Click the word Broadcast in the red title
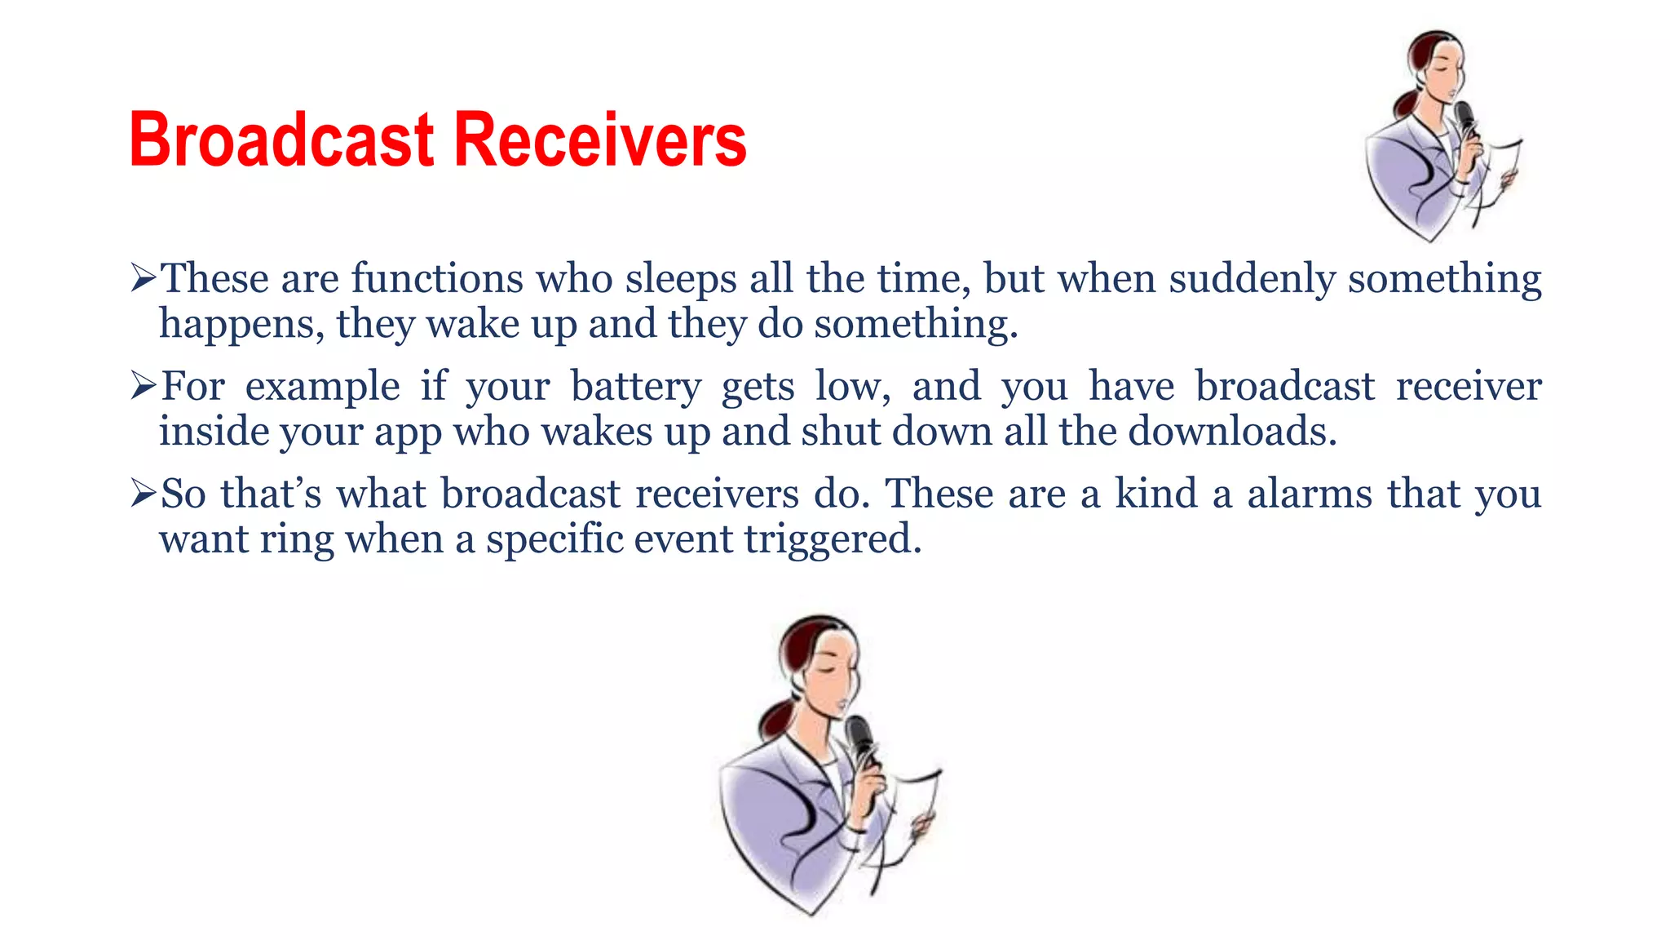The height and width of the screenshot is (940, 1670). [x=281, y=140]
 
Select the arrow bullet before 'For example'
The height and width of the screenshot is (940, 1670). [x=143, y=388]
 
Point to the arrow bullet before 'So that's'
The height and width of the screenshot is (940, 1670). [x=143, y=495]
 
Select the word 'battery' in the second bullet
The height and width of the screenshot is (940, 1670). [x=635, y=388]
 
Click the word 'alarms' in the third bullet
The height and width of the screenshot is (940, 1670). [x=1310, y=494]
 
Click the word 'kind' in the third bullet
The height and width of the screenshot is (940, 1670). [x=1156, y=494]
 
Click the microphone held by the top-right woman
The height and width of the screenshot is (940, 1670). [x=1465, y=118]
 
